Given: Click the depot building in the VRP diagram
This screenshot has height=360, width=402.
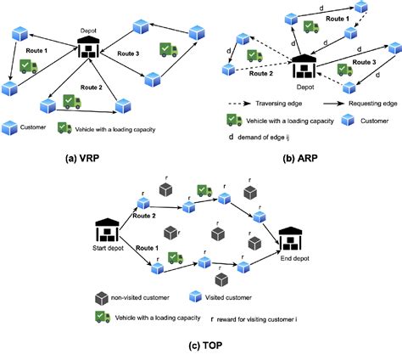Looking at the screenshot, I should (89, 48).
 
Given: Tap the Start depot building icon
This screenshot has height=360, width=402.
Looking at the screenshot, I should (106, 228).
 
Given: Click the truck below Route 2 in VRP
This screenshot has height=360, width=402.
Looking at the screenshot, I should (71, 102).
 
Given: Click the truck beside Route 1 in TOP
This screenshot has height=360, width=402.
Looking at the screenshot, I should (174, 257).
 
